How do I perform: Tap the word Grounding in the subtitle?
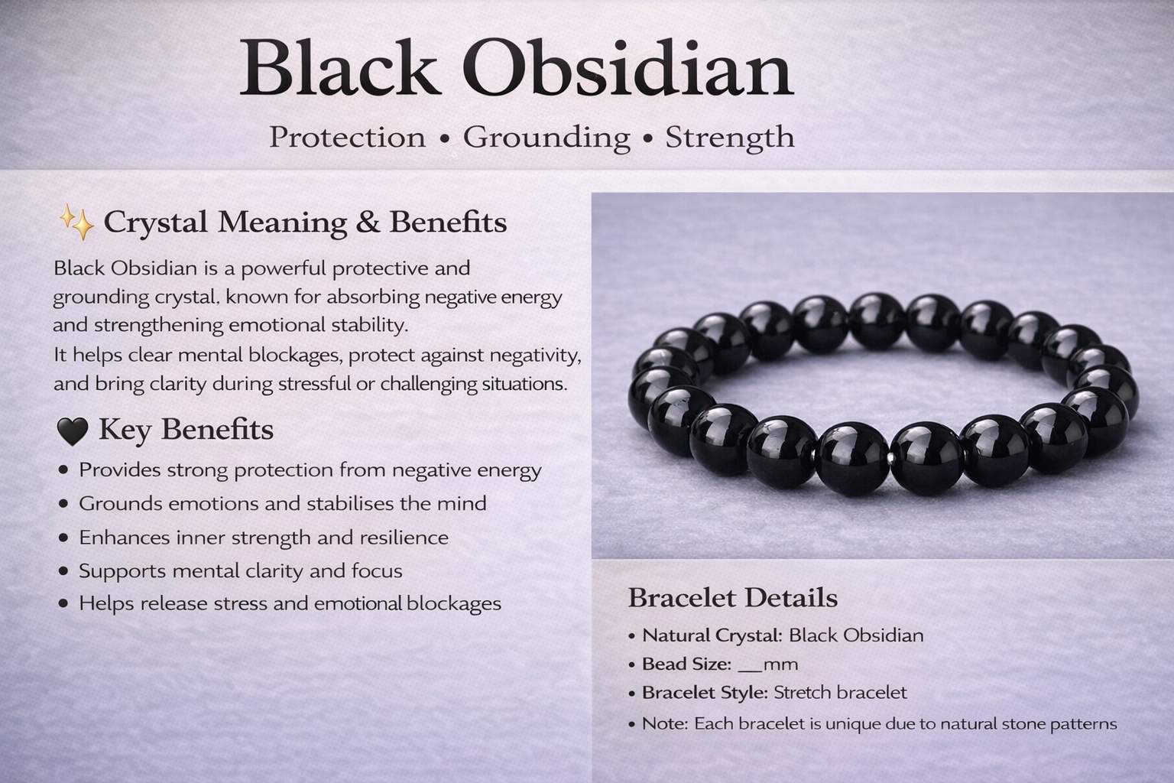pos(546,138)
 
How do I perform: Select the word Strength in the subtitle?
pos(729,138)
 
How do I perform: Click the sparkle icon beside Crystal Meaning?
pos(76,223)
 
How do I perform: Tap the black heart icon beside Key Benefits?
pos(72,431)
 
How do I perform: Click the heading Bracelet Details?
pos(732,598)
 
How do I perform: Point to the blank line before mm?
pos(751,665)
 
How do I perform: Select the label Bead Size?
pos(686,664)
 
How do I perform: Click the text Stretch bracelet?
pos(840,693)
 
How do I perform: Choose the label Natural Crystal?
pos(712,635)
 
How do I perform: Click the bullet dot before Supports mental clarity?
pos(63,571)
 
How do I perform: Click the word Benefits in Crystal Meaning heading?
pos(448,222)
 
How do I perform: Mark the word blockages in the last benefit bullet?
pos(453,604)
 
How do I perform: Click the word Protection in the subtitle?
pos(347,138)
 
